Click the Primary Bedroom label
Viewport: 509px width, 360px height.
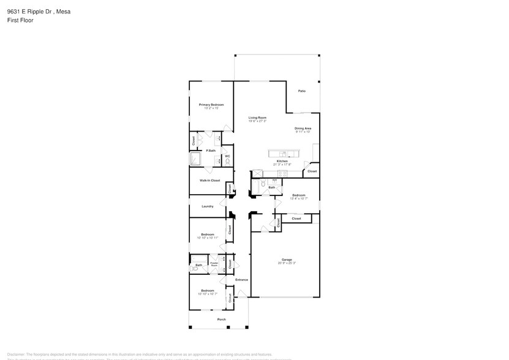pos(211,105)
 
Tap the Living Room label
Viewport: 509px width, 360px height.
pos(257,118)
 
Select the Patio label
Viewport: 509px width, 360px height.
pos(301,91)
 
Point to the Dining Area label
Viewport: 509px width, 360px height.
pos(303,128)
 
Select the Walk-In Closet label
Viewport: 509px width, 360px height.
pos(209,180)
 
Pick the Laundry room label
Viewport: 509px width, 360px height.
pos(208,206)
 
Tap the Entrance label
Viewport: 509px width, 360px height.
pos(241,280)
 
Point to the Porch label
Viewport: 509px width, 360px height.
pos(222,319)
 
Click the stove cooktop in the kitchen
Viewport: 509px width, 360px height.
pos(282,174)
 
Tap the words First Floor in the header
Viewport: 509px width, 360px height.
pos(20,20)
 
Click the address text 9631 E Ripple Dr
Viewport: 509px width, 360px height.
pos(30,10)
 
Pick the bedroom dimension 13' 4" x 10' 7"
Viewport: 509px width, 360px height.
pos(298,198)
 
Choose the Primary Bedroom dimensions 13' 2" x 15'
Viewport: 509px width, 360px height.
pos(211,108)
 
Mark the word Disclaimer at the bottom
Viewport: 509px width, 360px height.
pos(15,354)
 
